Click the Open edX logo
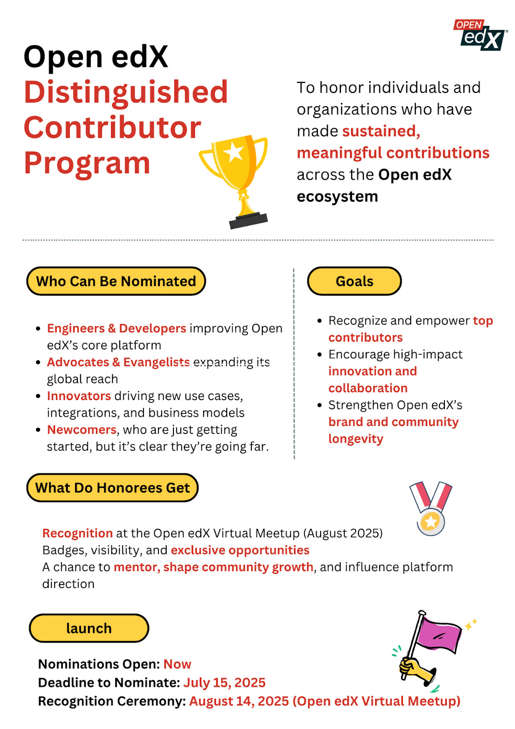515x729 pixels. (481, 35)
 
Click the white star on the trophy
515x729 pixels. (234, 152)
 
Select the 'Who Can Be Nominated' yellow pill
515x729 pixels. (116, 281)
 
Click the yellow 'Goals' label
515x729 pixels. (354, 281)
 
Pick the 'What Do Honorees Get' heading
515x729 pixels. (112, 488)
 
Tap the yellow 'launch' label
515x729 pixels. (89, 628)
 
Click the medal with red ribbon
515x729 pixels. (431, 508)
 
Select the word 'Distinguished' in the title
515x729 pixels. (126, 92)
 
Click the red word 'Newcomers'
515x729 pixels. (82, 430)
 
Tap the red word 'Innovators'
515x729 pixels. (79, 396)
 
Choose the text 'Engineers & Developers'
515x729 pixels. (117, 329)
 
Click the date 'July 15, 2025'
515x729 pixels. (224, 683)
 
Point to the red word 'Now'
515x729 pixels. (177, 664)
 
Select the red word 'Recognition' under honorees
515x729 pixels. (77, 533)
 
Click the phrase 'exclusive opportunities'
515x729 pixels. (240, 550)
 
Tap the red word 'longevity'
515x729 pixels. (356, 439)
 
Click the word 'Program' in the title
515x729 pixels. (87, 163)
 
